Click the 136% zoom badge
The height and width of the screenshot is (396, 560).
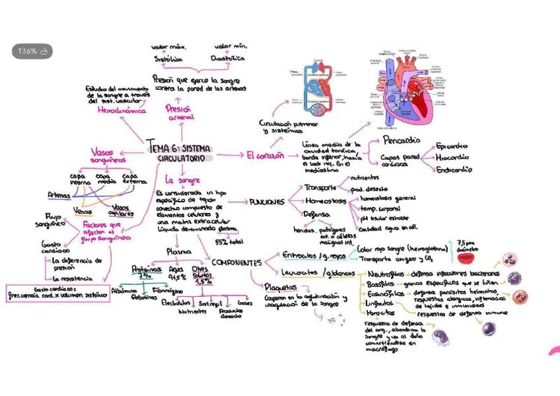point(32,52)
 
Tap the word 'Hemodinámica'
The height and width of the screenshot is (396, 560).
point(121,112)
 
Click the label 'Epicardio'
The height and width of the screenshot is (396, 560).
point(452,146)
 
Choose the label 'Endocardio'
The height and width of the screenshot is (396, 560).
point(454,170)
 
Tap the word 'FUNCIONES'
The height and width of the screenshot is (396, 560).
point(267,202)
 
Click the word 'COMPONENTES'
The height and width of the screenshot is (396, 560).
point(236,262)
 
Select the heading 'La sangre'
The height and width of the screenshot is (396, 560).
point(182,179)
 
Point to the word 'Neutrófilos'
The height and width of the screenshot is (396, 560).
point(384,274)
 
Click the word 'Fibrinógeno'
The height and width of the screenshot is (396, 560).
point(168,290)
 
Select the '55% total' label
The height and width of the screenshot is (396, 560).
point(229,242)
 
